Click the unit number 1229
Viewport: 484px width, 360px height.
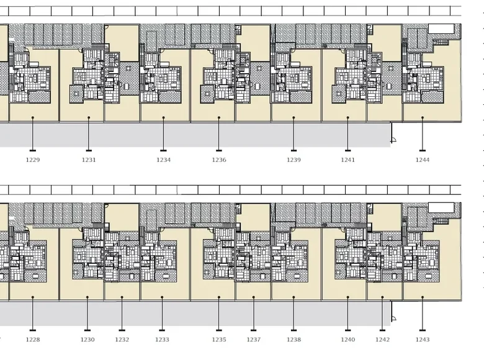(33, 160)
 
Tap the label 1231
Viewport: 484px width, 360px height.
(89, 160)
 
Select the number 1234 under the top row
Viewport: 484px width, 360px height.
(163, 160)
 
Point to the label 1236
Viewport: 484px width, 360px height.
(219, 160)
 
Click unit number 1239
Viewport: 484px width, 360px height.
(294, 160)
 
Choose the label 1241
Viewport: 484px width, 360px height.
(348, 160)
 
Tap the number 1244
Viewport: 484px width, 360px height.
(423, 160)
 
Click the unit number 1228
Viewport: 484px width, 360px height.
(33, 340)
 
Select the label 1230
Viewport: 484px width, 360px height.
(87, 340)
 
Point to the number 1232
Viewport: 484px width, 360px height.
(122, 340)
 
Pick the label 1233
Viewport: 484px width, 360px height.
(162, 340)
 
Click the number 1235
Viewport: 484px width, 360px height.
(219, 340)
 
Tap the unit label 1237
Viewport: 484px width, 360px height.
(253, 340)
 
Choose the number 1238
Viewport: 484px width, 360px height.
(294, 340)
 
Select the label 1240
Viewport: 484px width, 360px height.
(348, 340)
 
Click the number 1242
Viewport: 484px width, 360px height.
(382, 340)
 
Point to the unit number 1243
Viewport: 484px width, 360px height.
(423, 340)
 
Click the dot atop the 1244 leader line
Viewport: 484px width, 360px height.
(423, 118)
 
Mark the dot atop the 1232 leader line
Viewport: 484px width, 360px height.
(122, 297)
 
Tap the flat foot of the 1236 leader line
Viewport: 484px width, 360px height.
(219, 151)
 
